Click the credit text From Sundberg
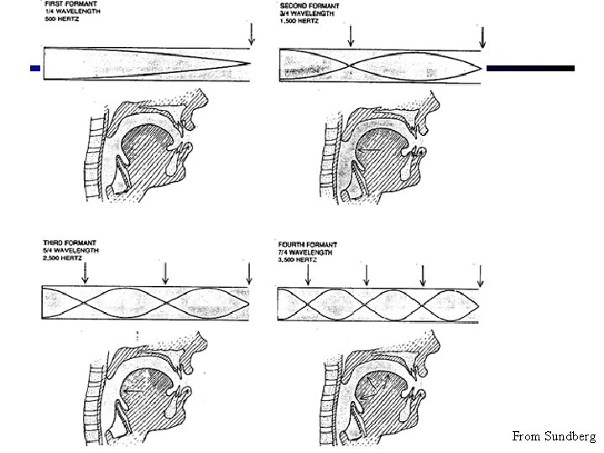click(x=554, y=436)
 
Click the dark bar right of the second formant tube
click(x=531, y=68)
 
